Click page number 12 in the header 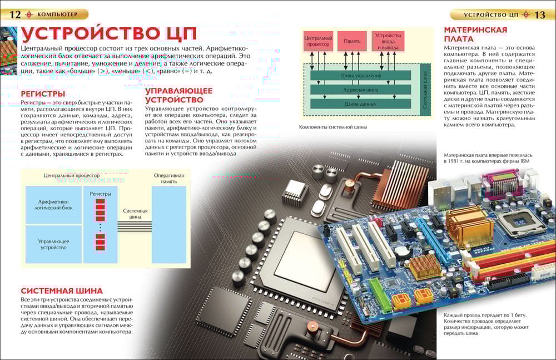(x=14, y=14)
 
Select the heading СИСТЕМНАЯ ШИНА (x=62, y=290)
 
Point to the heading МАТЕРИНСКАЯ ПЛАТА (x=475, y=34)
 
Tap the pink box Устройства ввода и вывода (x=388, y=41)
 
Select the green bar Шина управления (x=360, y=75)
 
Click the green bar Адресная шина (x=360, y=89)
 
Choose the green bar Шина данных (x=360, y=103)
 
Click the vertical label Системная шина (x=425, y=89)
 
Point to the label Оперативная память (x=169, y=178)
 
